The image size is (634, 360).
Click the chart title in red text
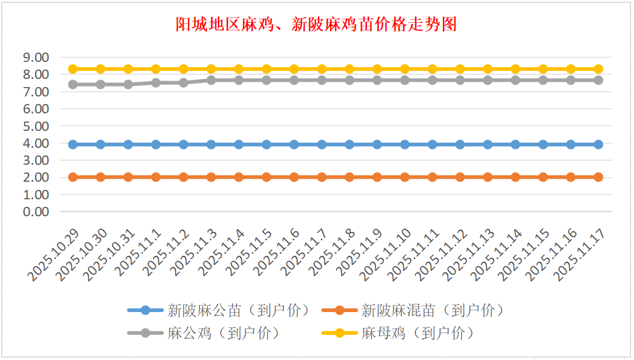pos(316,25)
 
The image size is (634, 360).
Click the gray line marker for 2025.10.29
pos(73,84)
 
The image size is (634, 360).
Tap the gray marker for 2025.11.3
pos(212,80)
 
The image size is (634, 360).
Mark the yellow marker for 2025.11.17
pos(598,69)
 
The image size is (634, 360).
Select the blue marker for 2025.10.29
pos(73,144)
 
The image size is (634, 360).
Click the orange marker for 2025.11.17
pos(598,177)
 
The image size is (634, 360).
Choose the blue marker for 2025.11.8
pos(349,144)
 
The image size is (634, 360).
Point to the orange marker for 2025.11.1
pos(156,177)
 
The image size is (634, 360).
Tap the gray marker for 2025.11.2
pos(183,82)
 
